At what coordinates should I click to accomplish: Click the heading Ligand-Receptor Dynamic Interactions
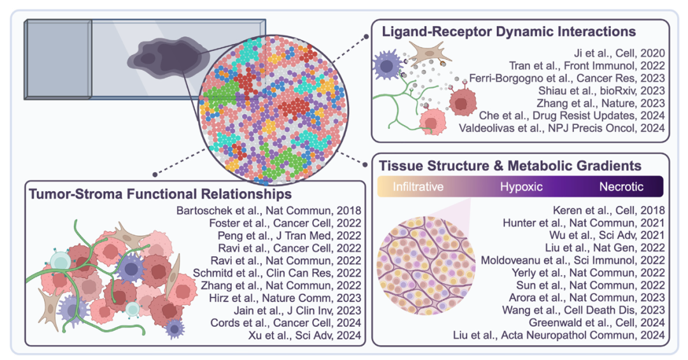(x=508, y=31)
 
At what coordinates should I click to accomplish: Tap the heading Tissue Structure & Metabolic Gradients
(x=510, y=166)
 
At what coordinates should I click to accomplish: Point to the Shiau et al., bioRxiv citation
(x=601, y=90)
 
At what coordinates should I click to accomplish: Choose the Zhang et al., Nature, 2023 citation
(x=601, y=103)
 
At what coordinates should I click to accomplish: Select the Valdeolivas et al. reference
(x=563, y=128)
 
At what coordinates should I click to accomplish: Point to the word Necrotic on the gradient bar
(x=620, y=187)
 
